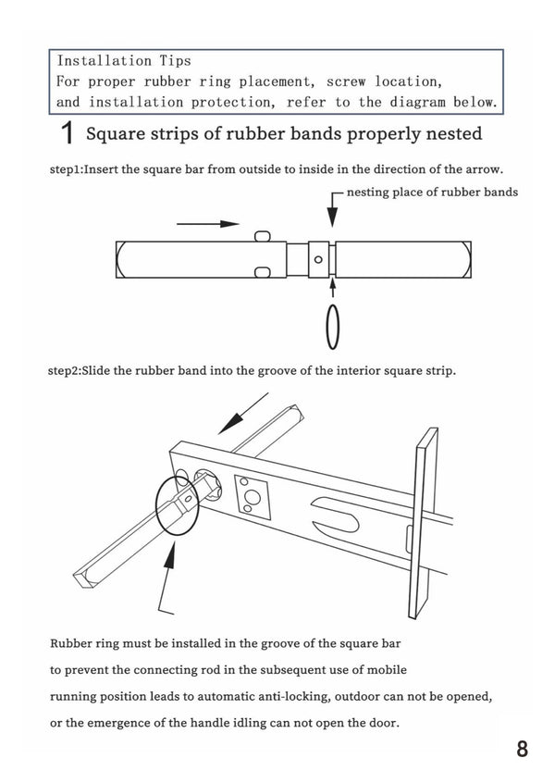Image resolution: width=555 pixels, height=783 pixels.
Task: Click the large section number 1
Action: click(67, 134)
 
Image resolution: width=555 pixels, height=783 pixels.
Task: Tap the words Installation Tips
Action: click(124, 60)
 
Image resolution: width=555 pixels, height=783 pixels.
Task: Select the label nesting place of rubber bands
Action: click(432, 193)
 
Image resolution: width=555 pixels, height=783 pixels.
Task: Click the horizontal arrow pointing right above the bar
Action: click(208, 224)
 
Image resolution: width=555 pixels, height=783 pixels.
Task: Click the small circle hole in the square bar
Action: click(318, 259)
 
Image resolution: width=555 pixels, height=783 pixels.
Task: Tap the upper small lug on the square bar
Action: click(262, 236)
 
